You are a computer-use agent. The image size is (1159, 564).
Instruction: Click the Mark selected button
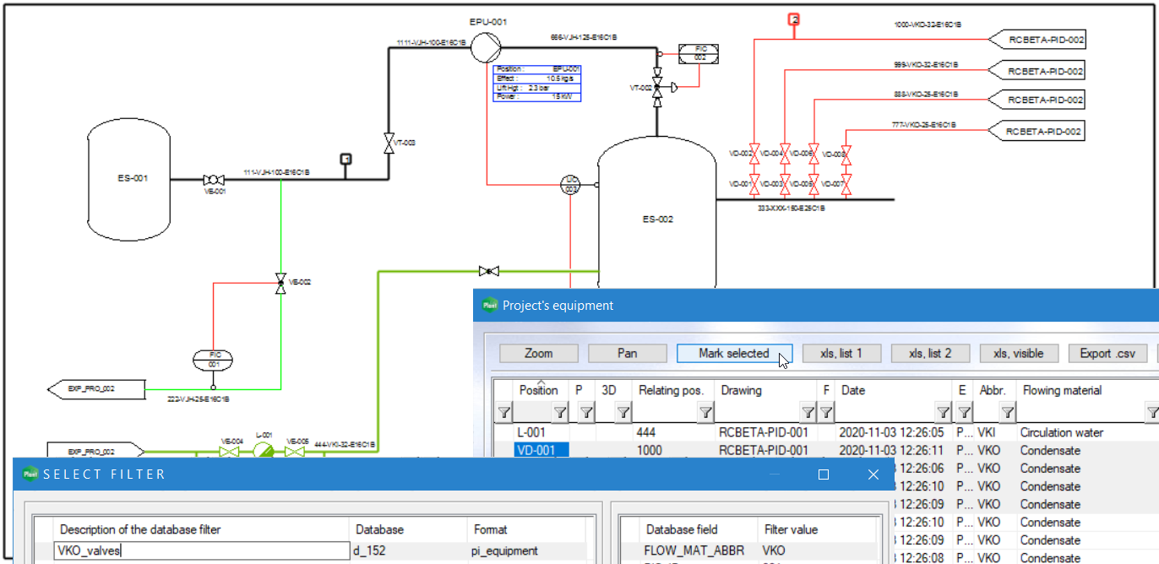[733, 354]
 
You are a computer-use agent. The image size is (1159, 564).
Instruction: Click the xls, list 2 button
[929, 354]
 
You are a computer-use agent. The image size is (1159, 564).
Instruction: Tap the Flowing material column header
[1062, 390]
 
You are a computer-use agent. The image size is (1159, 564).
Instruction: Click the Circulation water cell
[1061, 432]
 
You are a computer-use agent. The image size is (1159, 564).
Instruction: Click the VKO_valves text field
[201, 551]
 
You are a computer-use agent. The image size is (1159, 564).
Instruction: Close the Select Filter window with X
[873, 475]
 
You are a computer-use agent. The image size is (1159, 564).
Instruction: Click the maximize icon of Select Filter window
[824, 475]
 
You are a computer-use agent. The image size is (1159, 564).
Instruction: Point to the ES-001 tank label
[133, 178]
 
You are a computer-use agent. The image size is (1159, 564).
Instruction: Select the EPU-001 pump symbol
[485, 44]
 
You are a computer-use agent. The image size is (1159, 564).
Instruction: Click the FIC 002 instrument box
[699, 53]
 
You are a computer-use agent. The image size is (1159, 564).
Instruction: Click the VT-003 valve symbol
[389, 143]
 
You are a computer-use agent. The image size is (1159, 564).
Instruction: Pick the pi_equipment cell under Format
[504, 551]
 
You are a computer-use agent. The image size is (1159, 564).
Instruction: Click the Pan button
[627, 354]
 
